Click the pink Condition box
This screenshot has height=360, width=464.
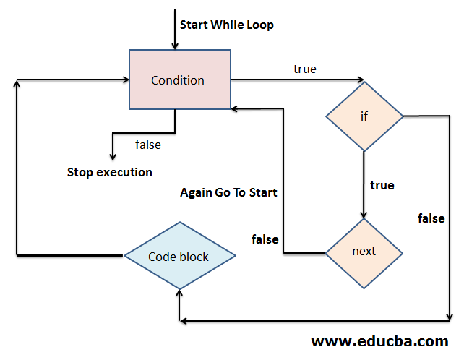pyautogui.click(x=178, y=80)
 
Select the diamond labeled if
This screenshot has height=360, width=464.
pyautogui.click(x=364, y=116)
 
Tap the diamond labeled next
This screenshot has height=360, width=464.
pyautogui.click(x=364, y=252)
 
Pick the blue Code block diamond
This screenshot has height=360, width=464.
pyautogui.click(x=179, y=256)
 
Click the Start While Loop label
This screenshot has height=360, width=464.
pyautogui.click(x=226, y=25)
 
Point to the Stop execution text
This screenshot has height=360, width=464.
pyautogui.click(x=110, y=172)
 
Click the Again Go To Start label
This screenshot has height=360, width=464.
pyautogui.click(x=228, y=192)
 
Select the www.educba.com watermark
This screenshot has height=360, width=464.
pyautogui.click(x=379, y=340)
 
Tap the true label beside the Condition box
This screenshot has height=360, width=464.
pyautogui.click(x=304, y=69)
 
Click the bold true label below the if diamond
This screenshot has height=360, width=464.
pyautogui.click(x=382, y=185)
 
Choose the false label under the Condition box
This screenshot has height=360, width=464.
pyautogui.click(x=148, y=145)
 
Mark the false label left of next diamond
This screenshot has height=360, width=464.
pyautogui.click(x=265, y=239)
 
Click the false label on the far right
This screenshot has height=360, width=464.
pyautogui.click(x=431, y=218)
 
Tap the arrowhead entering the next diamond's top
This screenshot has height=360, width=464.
pyautogui.click(x=364, y=214)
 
